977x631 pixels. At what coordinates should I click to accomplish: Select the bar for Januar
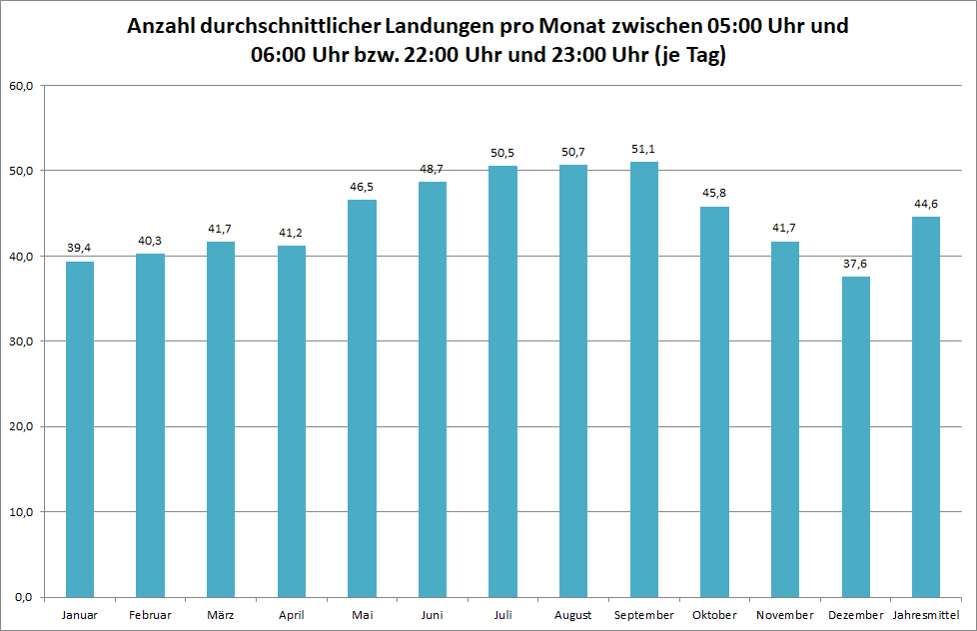[x=80, y=429]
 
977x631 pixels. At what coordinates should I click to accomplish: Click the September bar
[x=644, y=379]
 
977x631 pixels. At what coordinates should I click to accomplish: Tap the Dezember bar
[x=856, y=436]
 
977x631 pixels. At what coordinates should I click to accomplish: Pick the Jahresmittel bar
[x=926, y=406]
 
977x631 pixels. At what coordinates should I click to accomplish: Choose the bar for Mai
[x=362, y=398]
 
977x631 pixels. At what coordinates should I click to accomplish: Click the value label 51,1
[x=643, y=149]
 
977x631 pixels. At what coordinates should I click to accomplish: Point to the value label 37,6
[x=855, y=264]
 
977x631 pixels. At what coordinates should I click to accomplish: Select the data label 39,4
[x=79, y=248]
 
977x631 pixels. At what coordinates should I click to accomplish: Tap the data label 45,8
[x=714, y=193]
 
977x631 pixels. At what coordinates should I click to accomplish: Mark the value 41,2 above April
[x=291, y=233]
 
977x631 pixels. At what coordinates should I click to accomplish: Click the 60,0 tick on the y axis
[x=21, y=86]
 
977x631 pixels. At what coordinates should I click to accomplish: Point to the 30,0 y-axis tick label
[x=21, y=341]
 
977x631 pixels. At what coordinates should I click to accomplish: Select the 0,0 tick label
[x=24, y=597]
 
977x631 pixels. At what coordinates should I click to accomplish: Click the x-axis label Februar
[x=150, y=615]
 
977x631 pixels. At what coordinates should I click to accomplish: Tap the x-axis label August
[x=573, y=615]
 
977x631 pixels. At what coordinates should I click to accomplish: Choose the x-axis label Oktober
[x=714, y=615]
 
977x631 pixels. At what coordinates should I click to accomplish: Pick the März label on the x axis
[x=221, y=615]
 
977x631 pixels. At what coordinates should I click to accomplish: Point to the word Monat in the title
[x=572, y=26]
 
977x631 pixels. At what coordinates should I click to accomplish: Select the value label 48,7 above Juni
[x=432, y=170]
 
